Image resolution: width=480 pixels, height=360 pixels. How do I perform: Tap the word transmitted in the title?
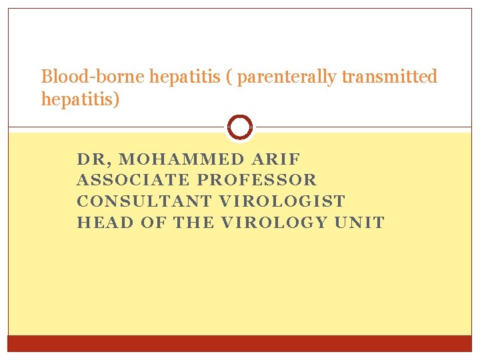point(389,77)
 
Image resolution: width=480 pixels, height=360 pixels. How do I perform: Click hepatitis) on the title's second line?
point(79,99)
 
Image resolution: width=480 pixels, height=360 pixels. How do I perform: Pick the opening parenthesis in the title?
point(229,77)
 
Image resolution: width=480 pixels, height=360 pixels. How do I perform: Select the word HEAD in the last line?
point(105,223)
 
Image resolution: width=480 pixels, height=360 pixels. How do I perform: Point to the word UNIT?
point(360,223)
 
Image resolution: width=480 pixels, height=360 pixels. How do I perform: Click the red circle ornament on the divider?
point(240,127)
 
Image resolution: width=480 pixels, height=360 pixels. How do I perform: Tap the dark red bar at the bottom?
point(240,343)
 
